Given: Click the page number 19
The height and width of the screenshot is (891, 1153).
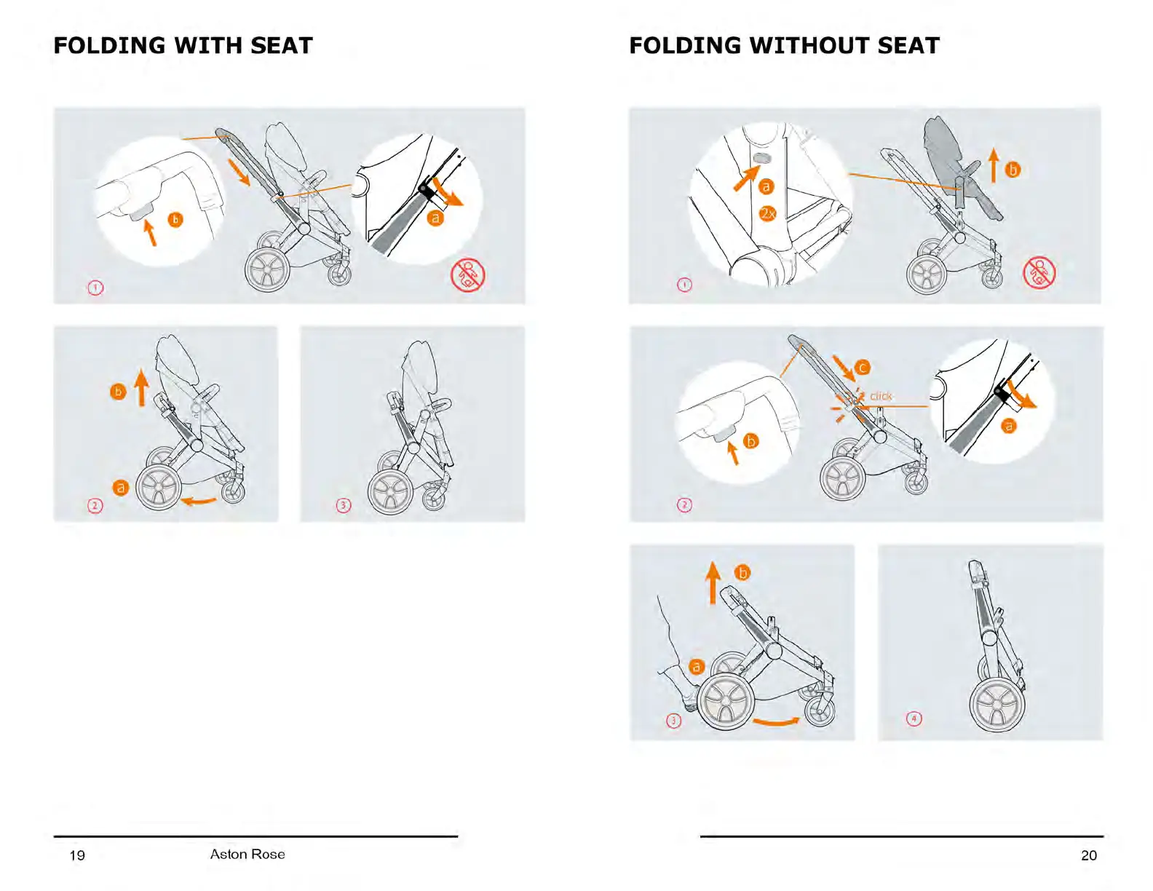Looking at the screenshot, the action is click(77, 855).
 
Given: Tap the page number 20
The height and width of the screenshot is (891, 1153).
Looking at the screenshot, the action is click(1088, 855).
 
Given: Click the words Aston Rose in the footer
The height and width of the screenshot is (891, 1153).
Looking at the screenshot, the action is click(247, 854).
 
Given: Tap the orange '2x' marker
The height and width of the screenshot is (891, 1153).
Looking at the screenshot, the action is click(767, 213).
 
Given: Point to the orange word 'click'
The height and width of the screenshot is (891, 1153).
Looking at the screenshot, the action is click(881, 396).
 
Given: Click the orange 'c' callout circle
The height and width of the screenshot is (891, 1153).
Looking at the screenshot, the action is click(863, 367).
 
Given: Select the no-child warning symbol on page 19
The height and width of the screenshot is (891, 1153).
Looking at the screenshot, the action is click(467, 275).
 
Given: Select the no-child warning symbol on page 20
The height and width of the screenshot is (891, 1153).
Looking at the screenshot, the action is click(1039, 273).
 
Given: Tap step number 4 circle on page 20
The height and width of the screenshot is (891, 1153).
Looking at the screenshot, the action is click(914, 718).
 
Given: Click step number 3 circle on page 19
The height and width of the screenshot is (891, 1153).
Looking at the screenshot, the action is click(344, 505).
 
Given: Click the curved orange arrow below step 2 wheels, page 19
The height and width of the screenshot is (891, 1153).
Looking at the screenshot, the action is click(199, 500).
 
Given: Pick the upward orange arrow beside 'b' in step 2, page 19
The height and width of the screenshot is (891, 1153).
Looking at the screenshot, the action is click(141, 388).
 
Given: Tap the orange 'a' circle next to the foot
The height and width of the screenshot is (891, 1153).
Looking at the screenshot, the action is click(696, 667).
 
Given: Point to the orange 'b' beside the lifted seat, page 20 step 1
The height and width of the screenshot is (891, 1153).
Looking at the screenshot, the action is click(1013, 170).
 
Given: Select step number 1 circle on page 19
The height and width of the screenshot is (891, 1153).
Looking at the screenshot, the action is click(95, 288).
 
